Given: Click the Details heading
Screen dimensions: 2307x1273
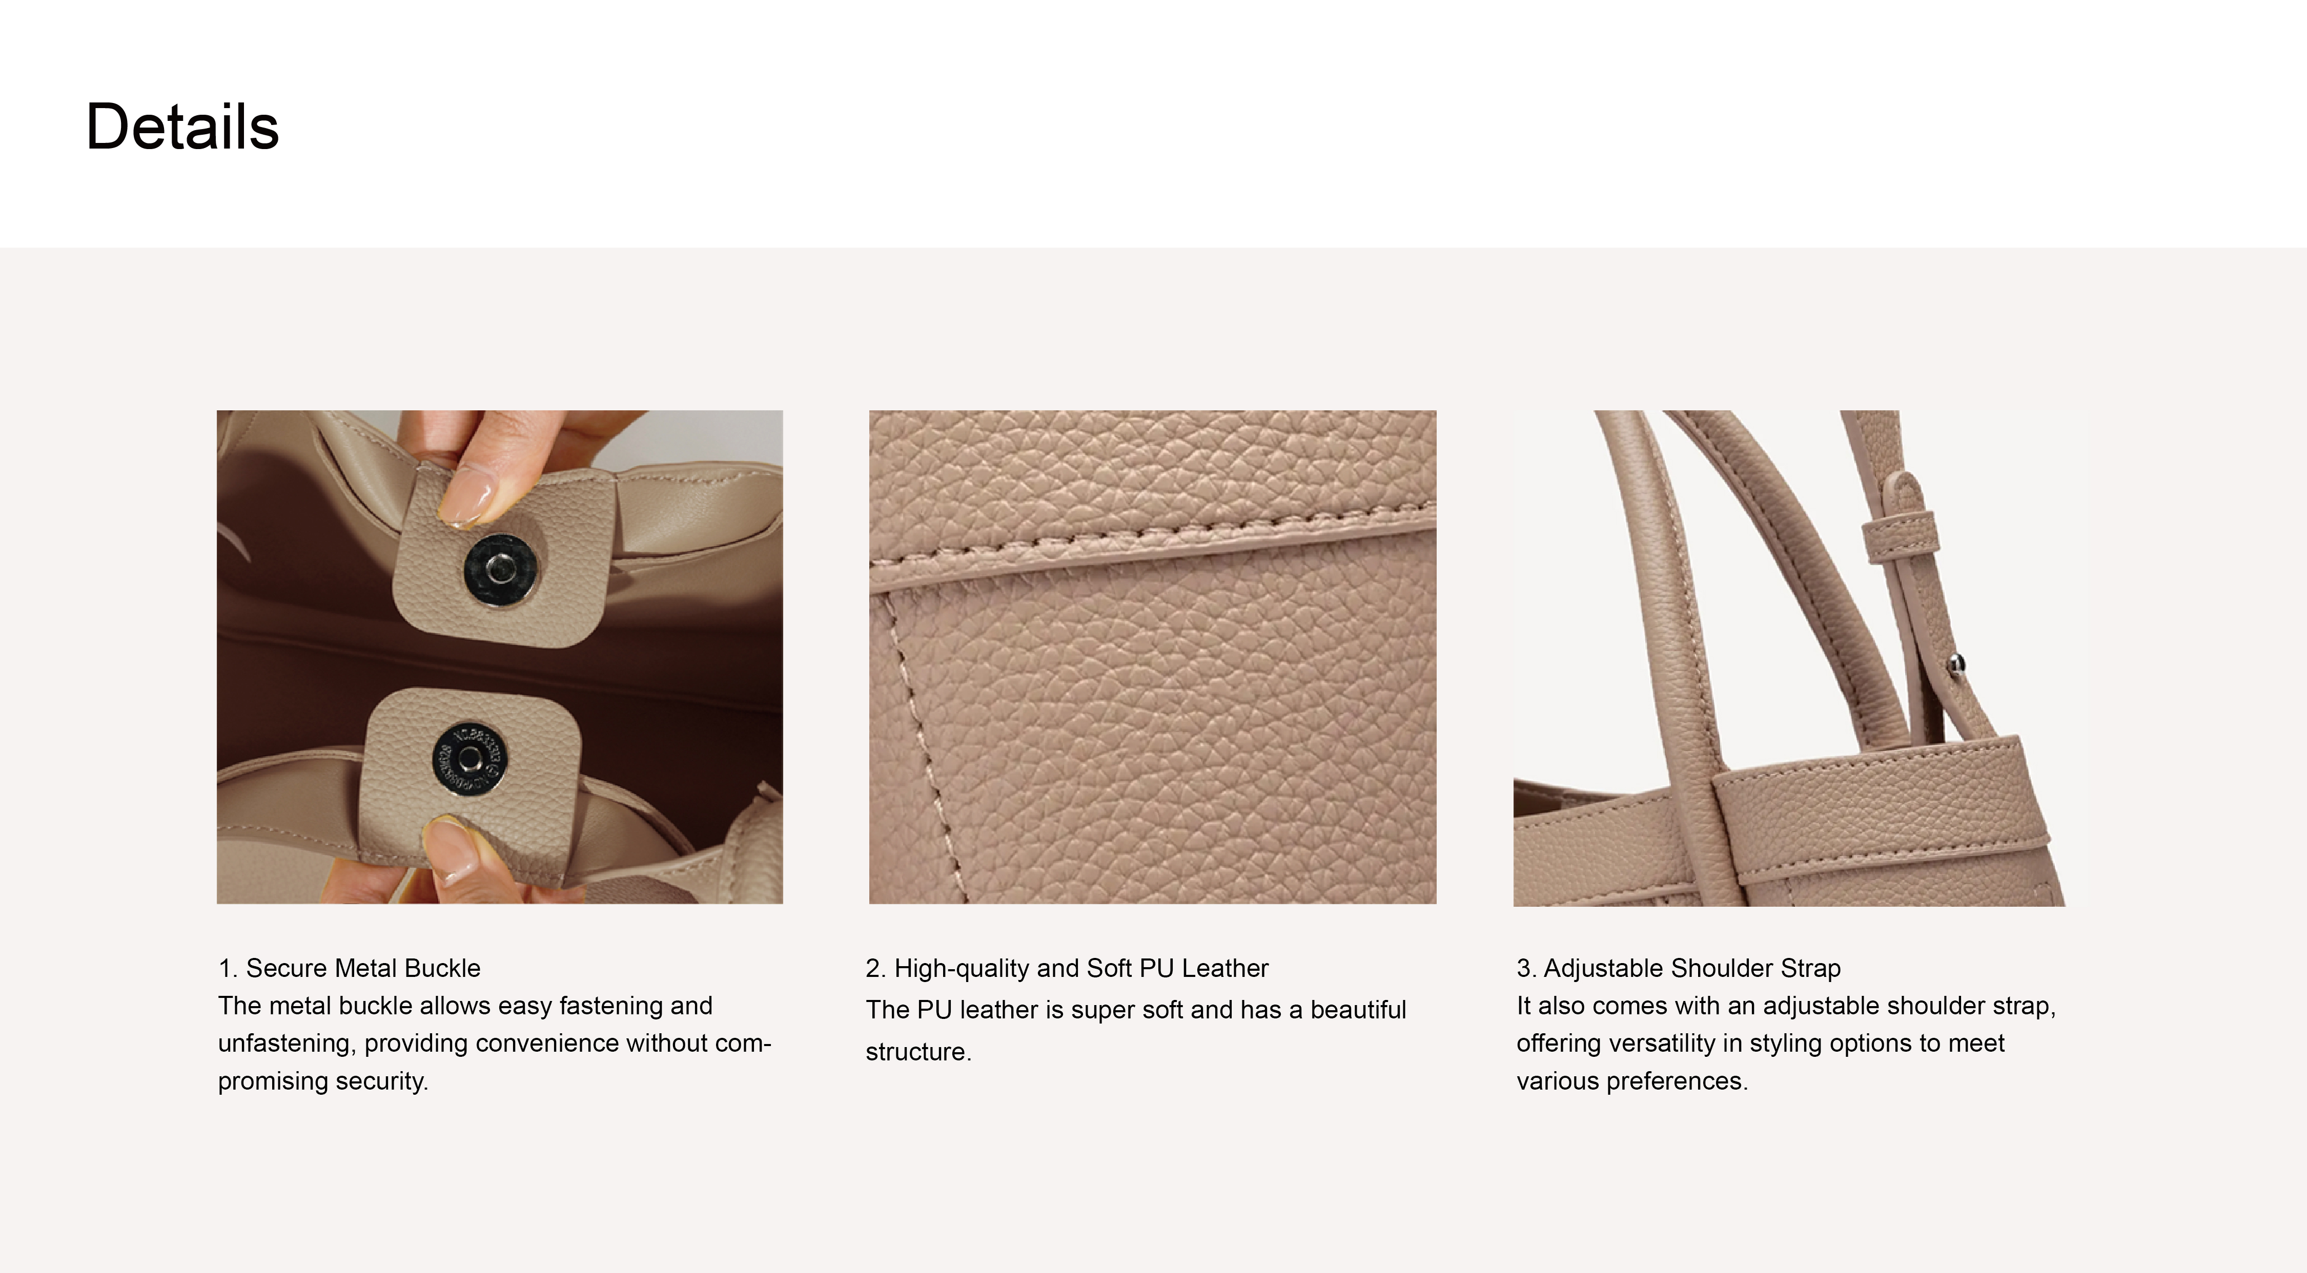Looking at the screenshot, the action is (182, 126).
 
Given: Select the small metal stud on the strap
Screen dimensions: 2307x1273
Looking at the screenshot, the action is (1958, 663).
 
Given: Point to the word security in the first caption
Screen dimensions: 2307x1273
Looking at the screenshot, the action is (381, 1081).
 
